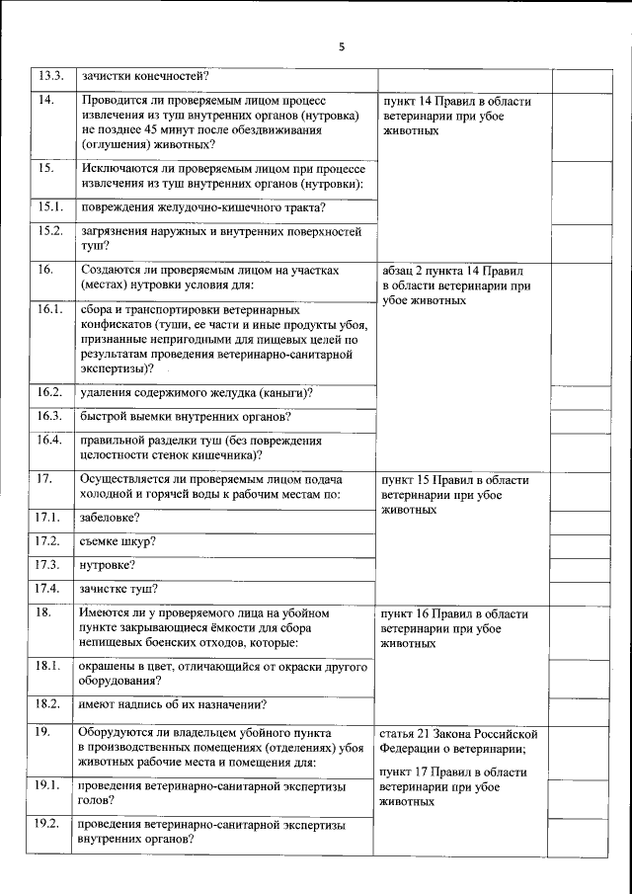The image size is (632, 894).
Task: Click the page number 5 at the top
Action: point(342,46)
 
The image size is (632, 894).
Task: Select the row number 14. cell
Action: point(45,101)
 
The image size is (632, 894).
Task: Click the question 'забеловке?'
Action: point(110,517)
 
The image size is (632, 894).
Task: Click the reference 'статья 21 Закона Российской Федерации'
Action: point(458,741)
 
